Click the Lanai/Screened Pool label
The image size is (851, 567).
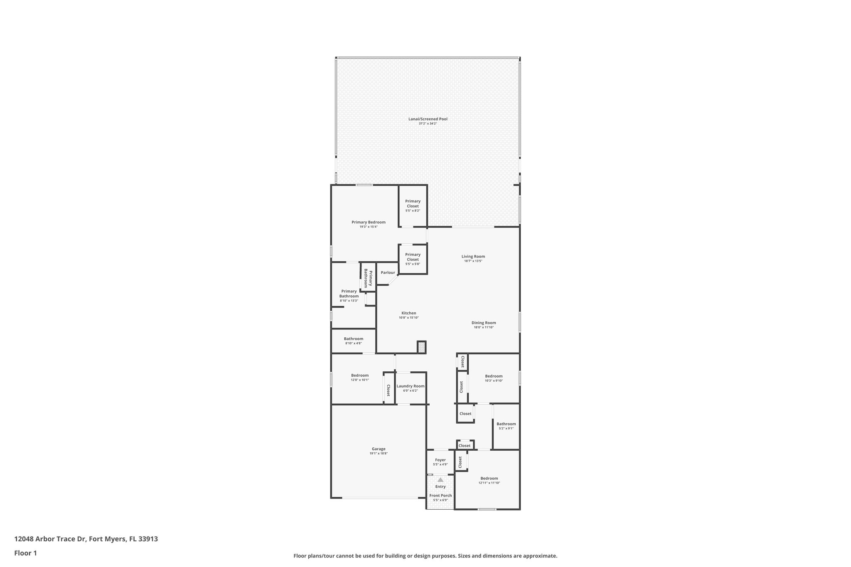[x=428, y=119]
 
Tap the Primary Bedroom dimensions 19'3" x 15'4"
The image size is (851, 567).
[x=368, y=227]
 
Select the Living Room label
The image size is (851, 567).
[x=473, y=256]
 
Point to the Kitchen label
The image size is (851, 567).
[x=408, y=313]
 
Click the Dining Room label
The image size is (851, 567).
[x=484, y=322]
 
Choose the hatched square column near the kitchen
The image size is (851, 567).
[x=421, y=347]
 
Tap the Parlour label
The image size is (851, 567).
[x=388, y=272]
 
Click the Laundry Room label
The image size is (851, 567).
[x=410, y=386]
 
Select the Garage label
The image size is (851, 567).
[x=378, y=449]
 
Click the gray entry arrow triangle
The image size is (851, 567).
[x=440, y=480]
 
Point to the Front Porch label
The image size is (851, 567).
[x=440, y=496]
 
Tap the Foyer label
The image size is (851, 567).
[x=440, y=460]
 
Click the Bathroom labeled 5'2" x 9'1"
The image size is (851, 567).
[x=506, y=424]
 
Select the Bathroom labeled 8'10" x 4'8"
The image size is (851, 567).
[x=353, y=339]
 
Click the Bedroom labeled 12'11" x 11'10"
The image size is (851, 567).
[x=489, y=478]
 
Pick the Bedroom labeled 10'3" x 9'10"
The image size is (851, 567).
[x=494, y=376]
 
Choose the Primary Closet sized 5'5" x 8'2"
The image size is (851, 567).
[x=413, y=204]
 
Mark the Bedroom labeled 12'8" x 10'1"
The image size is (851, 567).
[x=359, y=375]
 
